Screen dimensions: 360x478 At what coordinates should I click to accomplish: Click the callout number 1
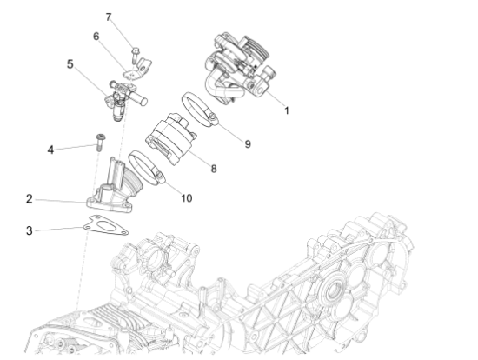[x=286, y=110]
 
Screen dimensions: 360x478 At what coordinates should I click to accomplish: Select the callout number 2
[x=30, y=198]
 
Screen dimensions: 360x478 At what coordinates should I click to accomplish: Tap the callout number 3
[x=30, y=230]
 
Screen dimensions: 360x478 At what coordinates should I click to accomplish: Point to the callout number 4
[x=50, y=150]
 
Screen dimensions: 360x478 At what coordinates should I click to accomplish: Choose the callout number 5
[x=70, y=64]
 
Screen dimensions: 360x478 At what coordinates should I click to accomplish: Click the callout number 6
[x=96, y=37]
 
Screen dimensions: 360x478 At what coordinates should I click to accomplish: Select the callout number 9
[x=248, y=143]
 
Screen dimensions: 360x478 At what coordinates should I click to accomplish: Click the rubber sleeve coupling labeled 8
[x=174, y=138]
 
